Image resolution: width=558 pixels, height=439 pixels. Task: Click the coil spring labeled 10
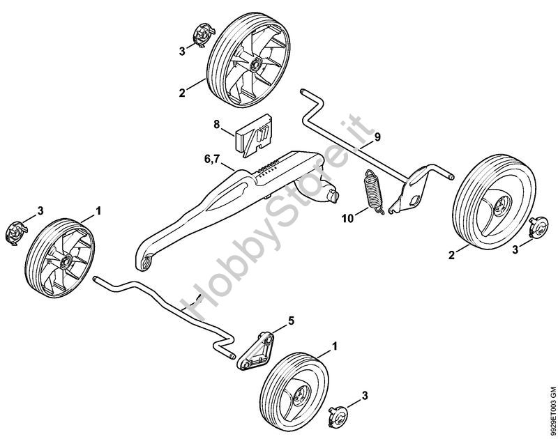coord(373,192)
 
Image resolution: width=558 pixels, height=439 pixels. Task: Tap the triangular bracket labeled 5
coord(256,351)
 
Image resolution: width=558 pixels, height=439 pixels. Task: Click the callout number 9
coord(377,137)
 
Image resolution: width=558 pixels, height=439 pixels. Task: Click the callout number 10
coord(348,218)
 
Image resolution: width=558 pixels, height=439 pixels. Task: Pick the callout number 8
coord(217,125)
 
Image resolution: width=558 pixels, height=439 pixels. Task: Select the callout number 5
coord(291,321)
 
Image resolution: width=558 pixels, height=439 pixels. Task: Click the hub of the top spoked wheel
coord(255,65)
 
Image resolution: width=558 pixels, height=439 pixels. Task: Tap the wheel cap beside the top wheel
coord(204,34)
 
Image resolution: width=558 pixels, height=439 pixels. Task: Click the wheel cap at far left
coord(16,233)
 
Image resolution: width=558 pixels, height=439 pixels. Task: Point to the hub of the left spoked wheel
coord(66,262)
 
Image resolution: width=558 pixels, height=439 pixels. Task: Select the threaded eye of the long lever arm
coord(146,263)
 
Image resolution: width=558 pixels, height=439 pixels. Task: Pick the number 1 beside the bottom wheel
coord(334,346)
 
